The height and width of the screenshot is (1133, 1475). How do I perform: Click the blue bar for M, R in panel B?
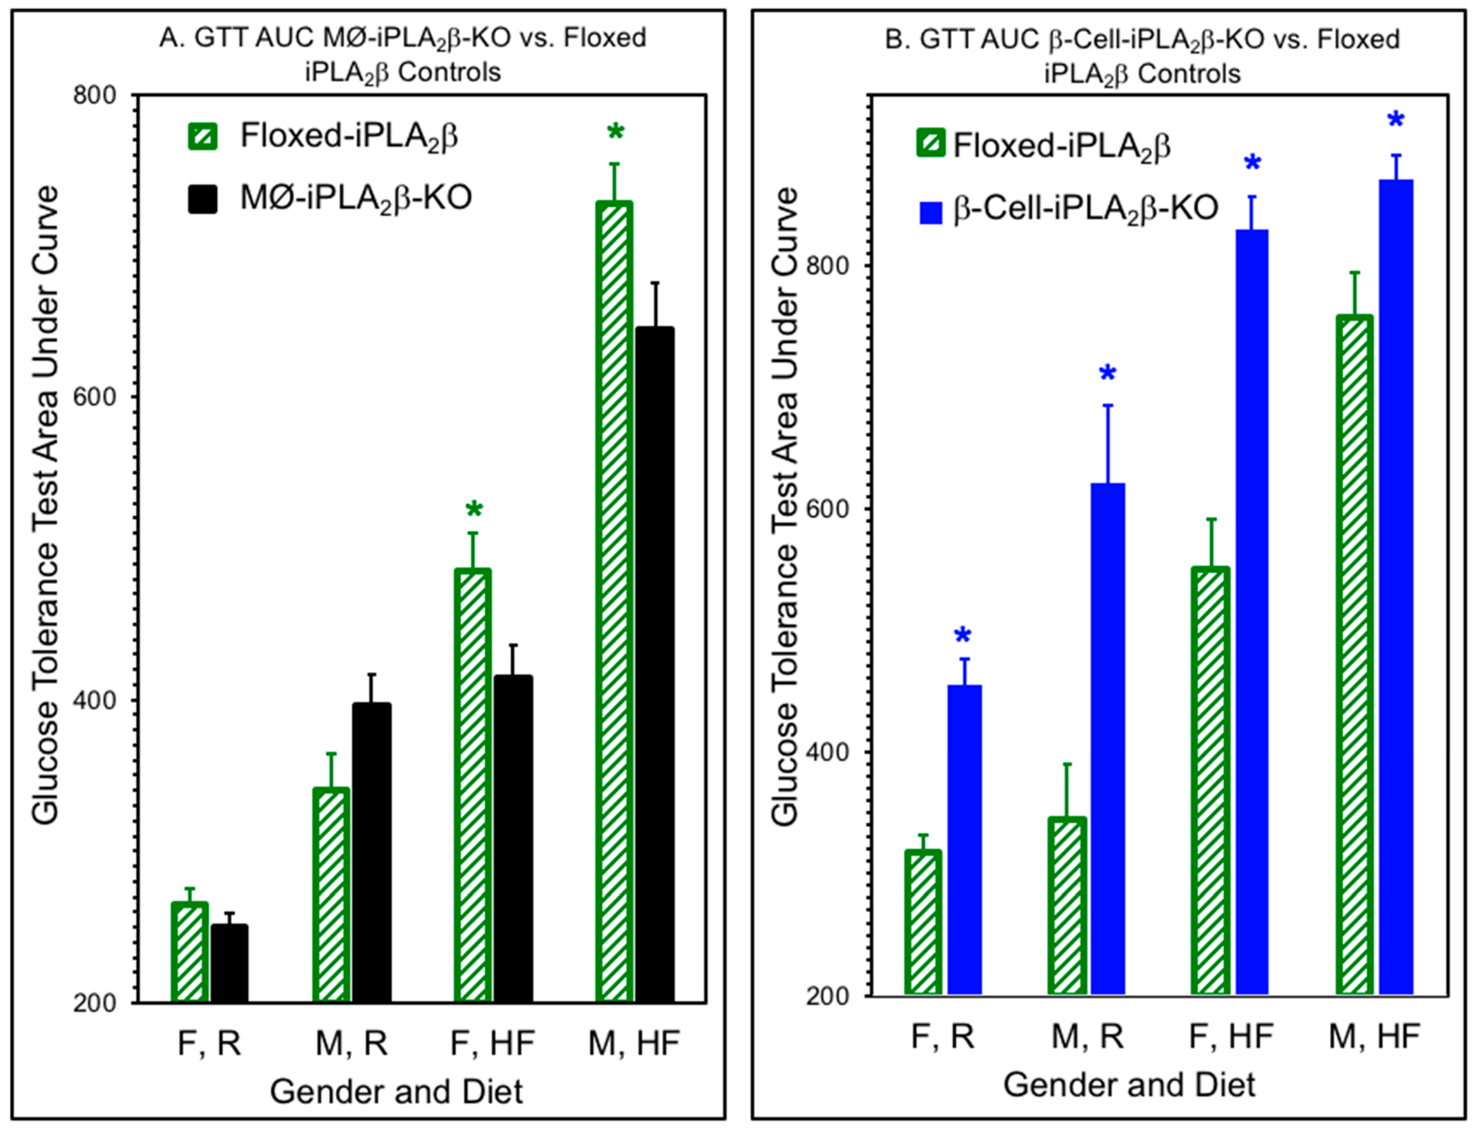pos(1108,739)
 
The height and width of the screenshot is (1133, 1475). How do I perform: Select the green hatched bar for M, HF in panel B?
pos(1354,654)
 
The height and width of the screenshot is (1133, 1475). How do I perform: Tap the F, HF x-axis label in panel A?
pos(493,1043)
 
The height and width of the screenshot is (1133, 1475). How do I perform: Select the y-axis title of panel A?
pos(46,506)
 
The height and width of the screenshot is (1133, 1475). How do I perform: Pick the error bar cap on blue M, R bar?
pos(1108,405)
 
